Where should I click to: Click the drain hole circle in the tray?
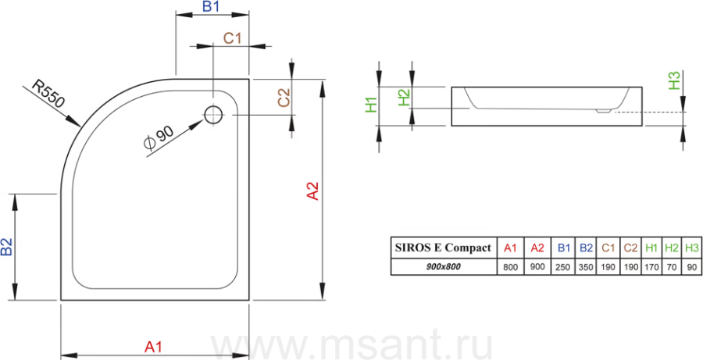(213, 116)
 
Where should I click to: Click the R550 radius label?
(48, 94)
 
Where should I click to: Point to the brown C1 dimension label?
(233, 38)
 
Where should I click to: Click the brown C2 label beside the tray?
(284, 98)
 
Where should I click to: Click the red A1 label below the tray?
(153, 347)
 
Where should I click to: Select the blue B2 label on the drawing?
(7, 247)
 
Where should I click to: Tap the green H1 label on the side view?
(371, 105)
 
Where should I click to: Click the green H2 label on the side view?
(405, 98)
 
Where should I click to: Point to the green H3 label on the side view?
(675, 80)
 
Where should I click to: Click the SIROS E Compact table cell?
(444, 248)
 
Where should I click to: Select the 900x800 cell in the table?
(444, 267)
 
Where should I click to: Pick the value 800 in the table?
(510, 268)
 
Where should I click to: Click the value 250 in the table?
(562, 268)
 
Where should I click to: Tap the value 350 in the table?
(586, 268)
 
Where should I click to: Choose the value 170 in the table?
(651, 268)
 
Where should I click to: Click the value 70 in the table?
(671, 268)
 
